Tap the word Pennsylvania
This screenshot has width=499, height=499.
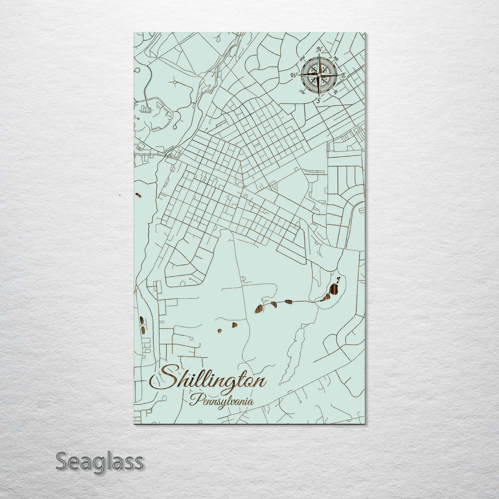[222, 401]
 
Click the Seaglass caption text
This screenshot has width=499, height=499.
[99, 462]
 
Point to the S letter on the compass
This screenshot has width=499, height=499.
[318, 100]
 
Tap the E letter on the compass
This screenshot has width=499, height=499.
[344, 74]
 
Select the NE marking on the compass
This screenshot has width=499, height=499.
[336, 58]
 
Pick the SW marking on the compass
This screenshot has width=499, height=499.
[303, 91]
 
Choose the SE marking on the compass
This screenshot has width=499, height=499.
[335, 91]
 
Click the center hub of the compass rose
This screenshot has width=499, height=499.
[319, 74]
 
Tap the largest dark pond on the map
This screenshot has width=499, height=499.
[333, 290]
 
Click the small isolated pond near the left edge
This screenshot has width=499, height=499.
[138, 195]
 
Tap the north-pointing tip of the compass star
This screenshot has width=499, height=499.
[319, 55]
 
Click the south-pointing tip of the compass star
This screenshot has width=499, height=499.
[319, 95]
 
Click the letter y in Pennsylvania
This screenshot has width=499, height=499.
[224, 403]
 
